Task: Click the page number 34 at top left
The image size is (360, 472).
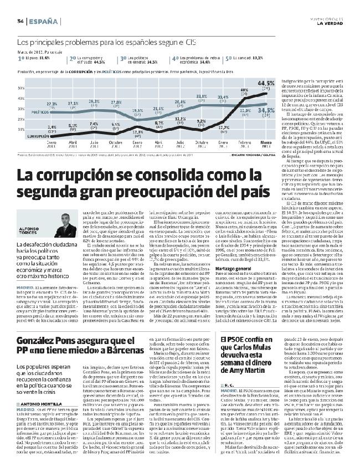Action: [x=19, y=21]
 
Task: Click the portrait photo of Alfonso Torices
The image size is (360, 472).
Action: [x=33, y=223]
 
